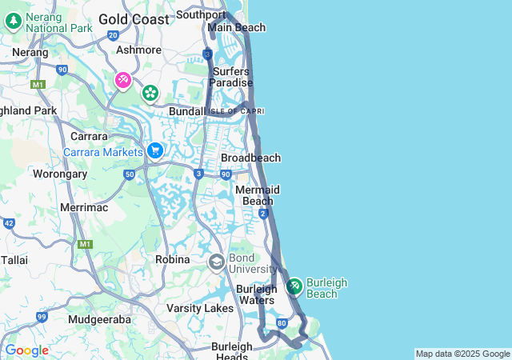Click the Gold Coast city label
pos(134,18)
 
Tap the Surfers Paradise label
pos(232,77)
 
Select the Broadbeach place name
pos(250,158)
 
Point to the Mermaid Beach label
pos(257,195)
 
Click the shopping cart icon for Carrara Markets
pos(155,150)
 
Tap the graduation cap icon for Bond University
pos(216,262)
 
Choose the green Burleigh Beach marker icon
pos(294,286)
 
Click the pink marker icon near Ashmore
pos(123,80)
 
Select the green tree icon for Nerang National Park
pos(13,21)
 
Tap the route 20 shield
pos(113,35)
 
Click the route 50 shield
pos(129,174)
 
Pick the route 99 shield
pos(41,317)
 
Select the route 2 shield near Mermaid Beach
pos(263,213)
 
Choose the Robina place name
pos(173,260)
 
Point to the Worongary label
pos(59,173)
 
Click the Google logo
pos(26,350)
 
